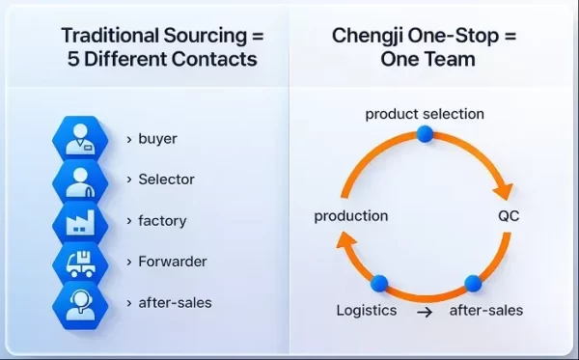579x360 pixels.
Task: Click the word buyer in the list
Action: click(158, 139)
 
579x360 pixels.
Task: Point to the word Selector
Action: click(167, 180)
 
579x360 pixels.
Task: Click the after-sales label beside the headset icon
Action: click(176, 302)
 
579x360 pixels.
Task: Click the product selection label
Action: click(425, 114)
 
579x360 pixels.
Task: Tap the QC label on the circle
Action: click(509, 215)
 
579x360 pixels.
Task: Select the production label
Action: click(351, 215)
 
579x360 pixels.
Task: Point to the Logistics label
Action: click(366, 311)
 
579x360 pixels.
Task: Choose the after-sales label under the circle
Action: click(486, 311)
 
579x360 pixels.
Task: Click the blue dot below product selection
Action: click(425, 133)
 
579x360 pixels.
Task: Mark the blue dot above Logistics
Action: click(378, 284)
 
